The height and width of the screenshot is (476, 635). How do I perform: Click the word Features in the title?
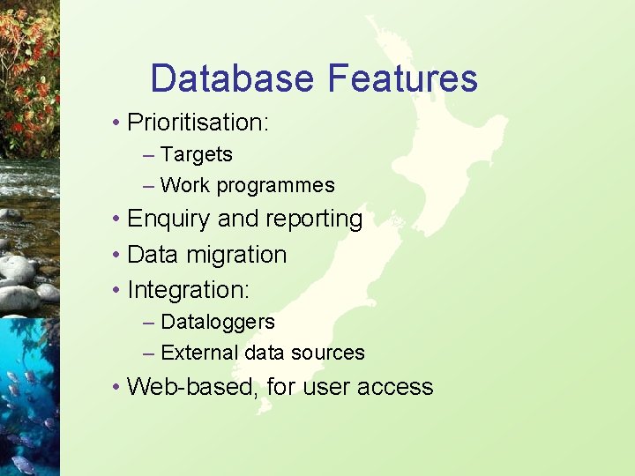pyautogui.click(x=402, y=78)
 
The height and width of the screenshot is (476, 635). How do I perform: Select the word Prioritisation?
pyautogui.click(x=198, y=122)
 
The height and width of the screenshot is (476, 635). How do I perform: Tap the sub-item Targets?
pyautogui.click(x=197, y=154)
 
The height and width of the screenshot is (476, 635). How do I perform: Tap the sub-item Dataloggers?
pyautogui.click(x=218, y=322)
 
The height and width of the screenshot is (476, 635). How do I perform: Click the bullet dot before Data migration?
pyautogui.click(x=116, y=255)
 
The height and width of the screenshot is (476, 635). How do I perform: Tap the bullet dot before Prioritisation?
pyautogui.click(x=116, y=122)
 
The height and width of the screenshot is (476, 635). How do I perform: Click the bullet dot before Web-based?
pyautogui.click(x=116, y=386)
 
